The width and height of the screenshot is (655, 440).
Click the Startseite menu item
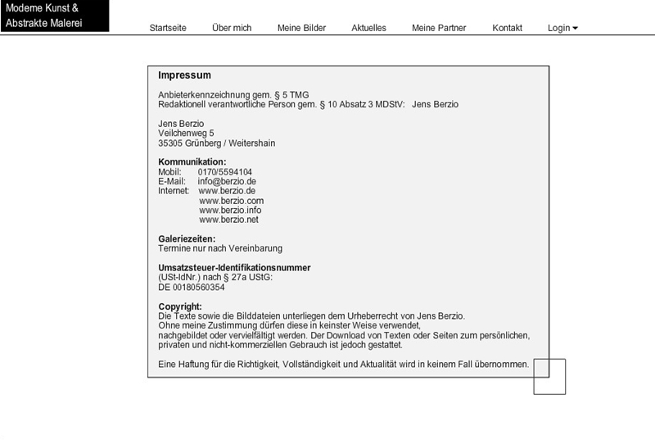pyautogui.click(x=168, y=28)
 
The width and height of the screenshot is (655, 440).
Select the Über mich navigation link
pyautogui.click(x=232, y=28)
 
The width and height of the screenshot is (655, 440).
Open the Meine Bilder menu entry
pyautogui.click(x=301, y=28)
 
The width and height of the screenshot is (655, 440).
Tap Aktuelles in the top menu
pyautogui.click(x=368, y=28)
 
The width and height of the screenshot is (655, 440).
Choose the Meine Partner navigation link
pyautogui.click(x=439, y=28)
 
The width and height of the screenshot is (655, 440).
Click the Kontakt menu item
pyautogui.click(x=507, y=28)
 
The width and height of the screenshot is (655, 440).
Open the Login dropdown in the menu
pyautogui.click(x=562, y=28)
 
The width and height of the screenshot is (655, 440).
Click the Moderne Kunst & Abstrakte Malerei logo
pyautogui.click(x=54, y=16)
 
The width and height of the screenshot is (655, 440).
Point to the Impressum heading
pyautogui.click(x=184, y=75)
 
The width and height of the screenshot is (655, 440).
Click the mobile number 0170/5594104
pyautogui.click(x=225, y=172)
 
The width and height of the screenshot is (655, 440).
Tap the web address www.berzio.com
pyautogui.click(x=231, y=201)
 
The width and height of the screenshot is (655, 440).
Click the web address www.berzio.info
pyautogui.click(x=230, y=210)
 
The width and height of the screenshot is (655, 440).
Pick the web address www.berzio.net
pyautogui.click(x=228, y=220)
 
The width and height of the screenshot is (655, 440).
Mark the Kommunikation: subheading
pyautogui.click(x=192, y=162)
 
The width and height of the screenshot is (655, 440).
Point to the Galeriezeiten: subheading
pyautogui.click(x=187, y=238)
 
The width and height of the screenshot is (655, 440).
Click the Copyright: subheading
pyautogui.click(x=179, y=306)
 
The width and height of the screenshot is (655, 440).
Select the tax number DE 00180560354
pyautogui.click(x=192, y=288)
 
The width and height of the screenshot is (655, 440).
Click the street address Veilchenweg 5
pyautogui.click(x=186, y=133)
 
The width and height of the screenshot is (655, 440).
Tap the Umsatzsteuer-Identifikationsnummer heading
pyautogui.click(x=234, y=268)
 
